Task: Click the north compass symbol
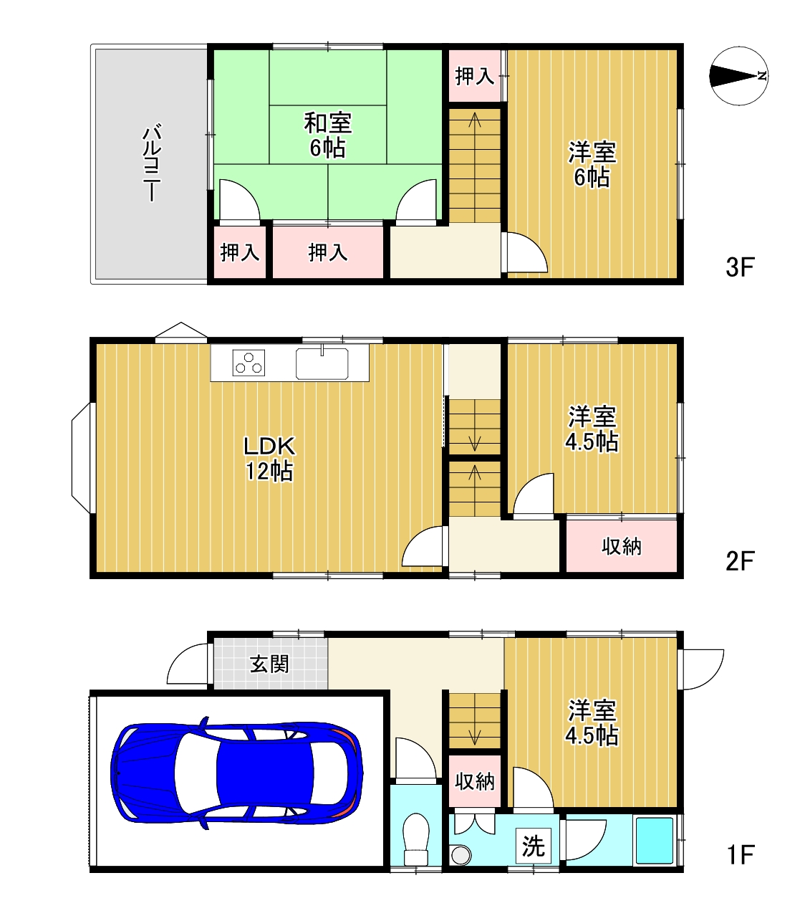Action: [x=738, y=76]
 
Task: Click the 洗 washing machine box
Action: [x=533, y=846]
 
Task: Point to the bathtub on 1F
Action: [x=655, y=840]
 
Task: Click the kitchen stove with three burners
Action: [x=249, y=363]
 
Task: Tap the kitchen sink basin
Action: [x=322, y=363]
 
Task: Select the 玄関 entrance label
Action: [x=269, y=664]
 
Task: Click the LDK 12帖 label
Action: [x=269, y=459]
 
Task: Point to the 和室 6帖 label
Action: [x=327, y=135]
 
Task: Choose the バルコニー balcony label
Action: [x=152, y=163]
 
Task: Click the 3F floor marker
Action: [x=740, y=267]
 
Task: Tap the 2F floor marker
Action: [x=740, y=560]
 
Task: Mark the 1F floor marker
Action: [x=741, y=854]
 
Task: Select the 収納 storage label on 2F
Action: [x=621, y=547]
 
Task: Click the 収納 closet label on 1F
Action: [x=474, y=781]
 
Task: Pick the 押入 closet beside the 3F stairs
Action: [x=474, y=76]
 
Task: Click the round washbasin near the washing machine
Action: [x=461, y=854]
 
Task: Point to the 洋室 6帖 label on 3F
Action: [x=592, y=165]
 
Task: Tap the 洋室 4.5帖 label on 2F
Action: [x=592, y=429]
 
